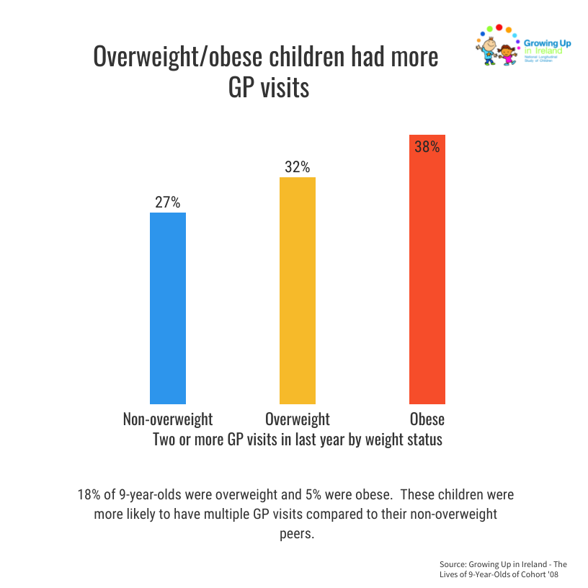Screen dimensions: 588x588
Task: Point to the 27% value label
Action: pos(167,202)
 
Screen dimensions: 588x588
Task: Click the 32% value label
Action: pos(297,167)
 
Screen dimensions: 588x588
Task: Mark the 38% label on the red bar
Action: pos(427,147)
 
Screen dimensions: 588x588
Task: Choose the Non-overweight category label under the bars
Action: pos(168,419)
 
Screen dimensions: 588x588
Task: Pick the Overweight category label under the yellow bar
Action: pos(297,419)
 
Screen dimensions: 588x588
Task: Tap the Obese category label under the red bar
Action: pos(427,419)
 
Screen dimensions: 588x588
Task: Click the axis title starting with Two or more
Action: pos(297,439)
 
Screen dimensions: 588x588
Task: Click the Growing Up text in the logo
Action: pos(547,44)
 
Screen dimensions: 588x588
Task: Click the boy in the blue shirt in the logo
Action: pos(489,50)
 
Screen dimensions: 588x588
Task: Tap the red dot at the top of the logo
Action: pos(499,27)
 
